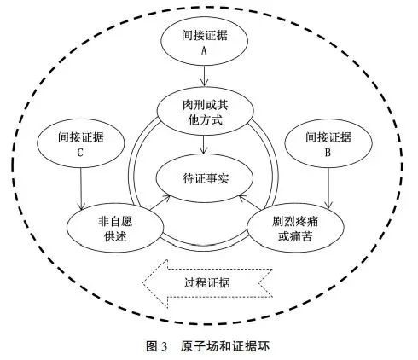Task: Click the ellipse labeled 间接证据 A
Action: pos(204,41)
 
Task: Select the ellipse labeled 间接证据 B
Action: pos(328,143)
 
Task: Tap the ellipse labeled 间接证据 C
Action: pos(81,143)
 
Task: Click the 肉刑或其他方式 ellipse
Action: pos(205,111)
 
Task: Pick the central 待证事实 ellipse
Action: pos(205,178)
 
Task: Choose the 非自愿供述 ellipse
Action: pos(115,228)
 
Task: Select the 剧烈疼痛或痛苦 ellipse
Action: pos(295,228)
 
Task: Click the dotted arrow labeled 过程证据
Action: pos(207,283)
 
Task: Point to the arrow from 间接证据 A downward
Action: pos(204,76)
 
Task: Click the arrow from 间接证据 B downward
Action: pos(328,188)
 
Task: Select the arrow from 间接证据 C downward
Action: pos(81,189)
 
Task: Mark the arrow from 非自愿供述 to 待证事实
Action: pos(160,202)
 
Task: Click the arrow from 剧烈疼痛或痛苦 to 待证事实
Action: pos(250,202)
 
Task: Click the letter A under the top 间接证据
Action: pos(204,51)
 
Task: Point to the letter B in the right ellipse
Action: pos(328,153)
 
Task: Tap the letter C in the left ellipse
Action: pos(80,153)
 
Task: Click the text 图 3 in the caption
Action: pos(156,346)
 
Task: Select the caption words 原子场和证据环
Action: pos(224,346)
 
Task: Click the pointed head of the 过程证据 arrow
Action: pos(142,283)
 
